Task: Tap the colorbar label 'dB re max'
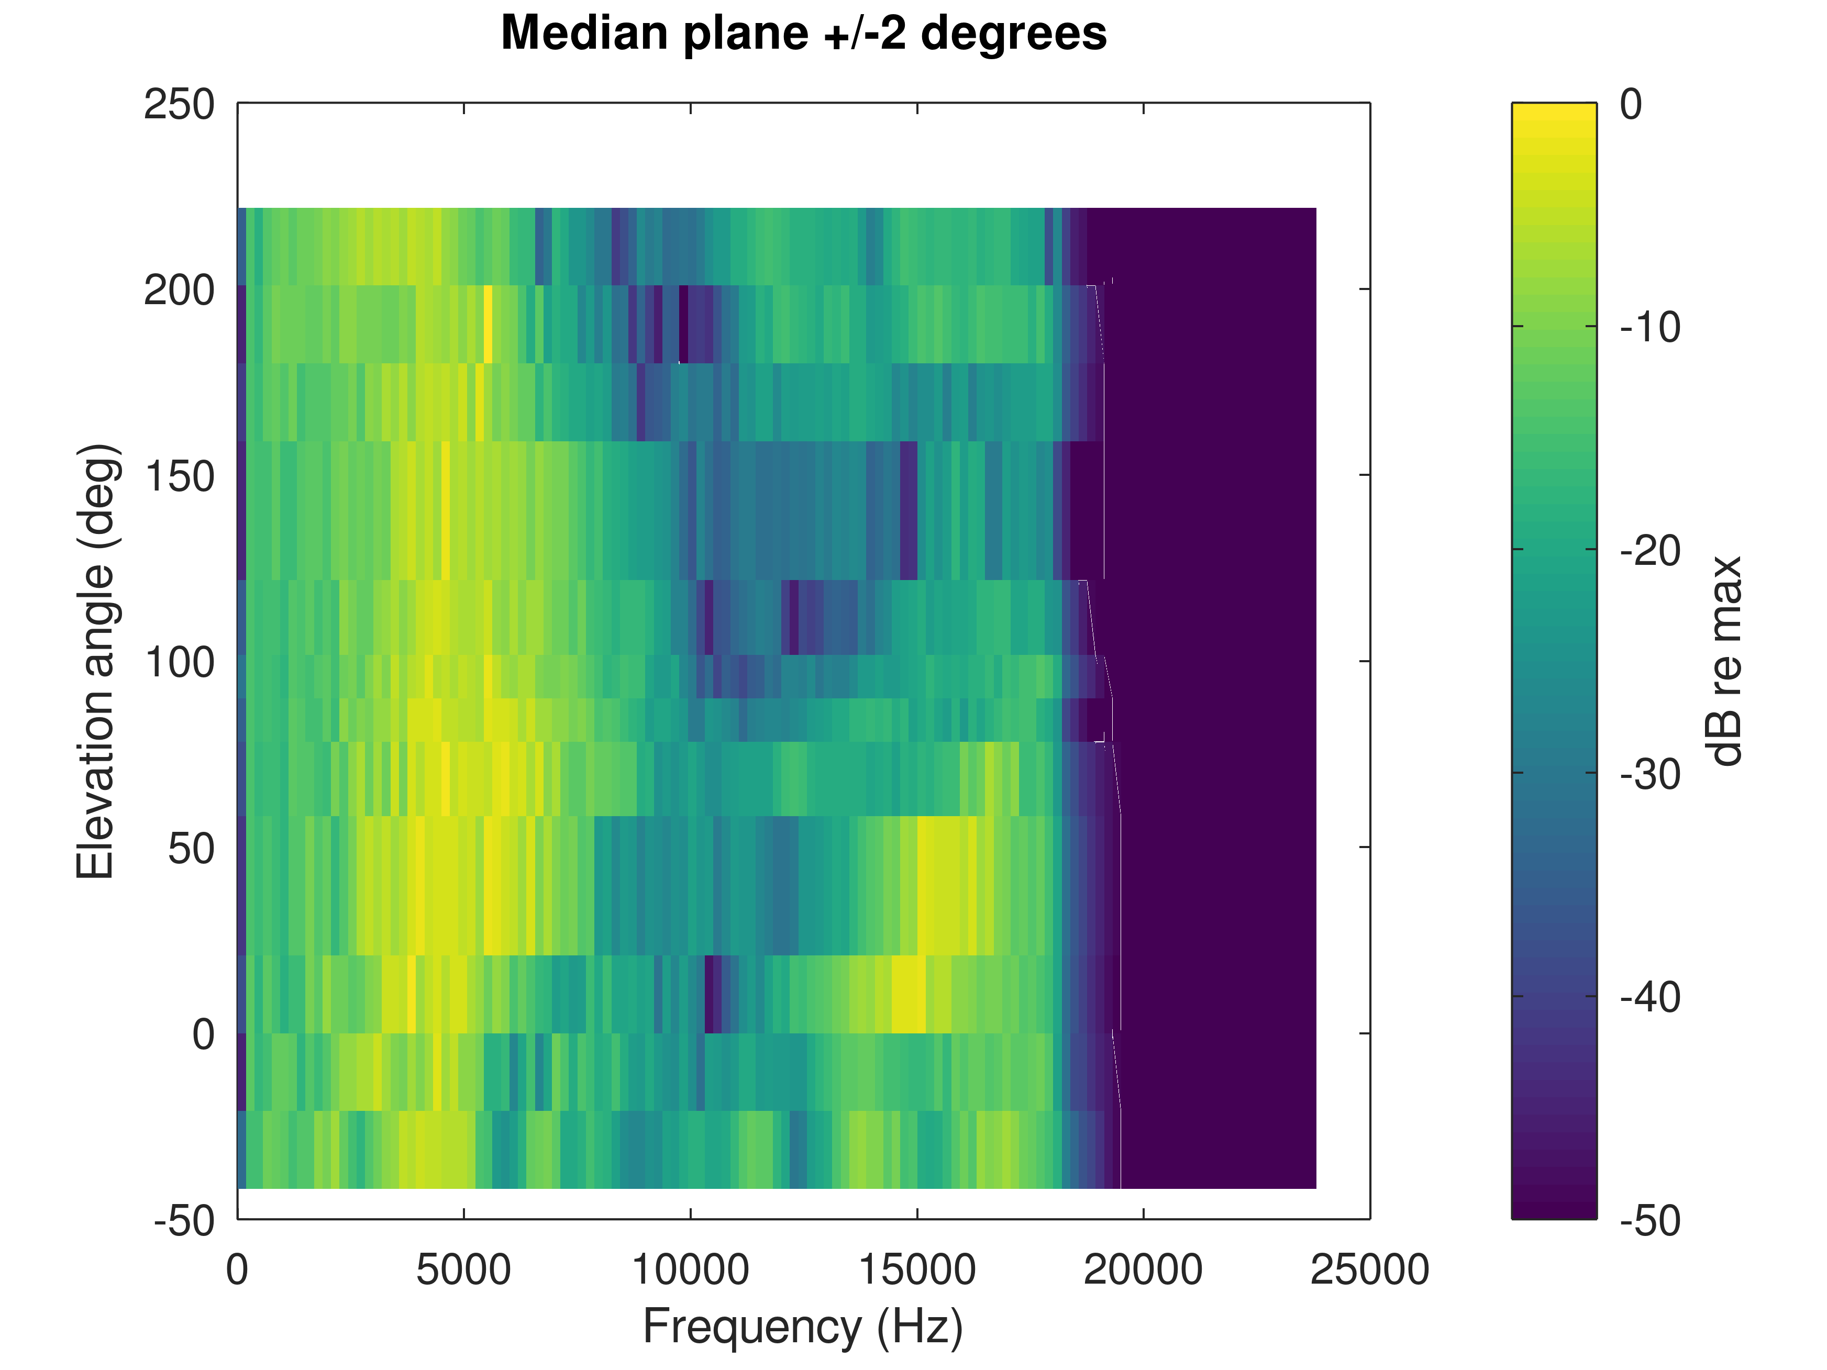pyautogui.click(x=1724, y=661)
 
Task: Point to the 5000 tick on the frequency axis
pyautogui.click(x=463, y=1270)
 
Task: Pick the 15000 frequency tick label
pyautogui.click(x=917, y=1270)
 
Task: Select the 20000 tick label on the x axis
pyautogui.click(x=1143, y=1270)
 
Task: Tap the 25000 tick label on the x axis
pyautogui.click(x=1369, y=1270)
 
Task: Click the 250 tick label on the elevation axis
pyautogui.click(x=179, y=105)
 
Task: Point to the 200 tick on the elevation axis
pyautogui.click(x=179, y=291)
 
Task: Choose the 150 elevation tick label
pyautogui.click(x=179, y=476)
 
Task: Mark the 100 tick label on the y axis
pyautogui.click(x=179, y=662)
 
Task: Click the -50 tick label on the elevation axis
pyautogui.click(x=183, y=1220)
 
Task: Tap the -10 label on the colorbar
pyautogui.click(x=1649, y=328)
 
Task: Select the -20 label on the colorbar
pyautogui.click(x=1649, y=551)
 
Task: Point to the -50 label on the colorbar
pyautogui.click(x=1649, y=1220)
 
